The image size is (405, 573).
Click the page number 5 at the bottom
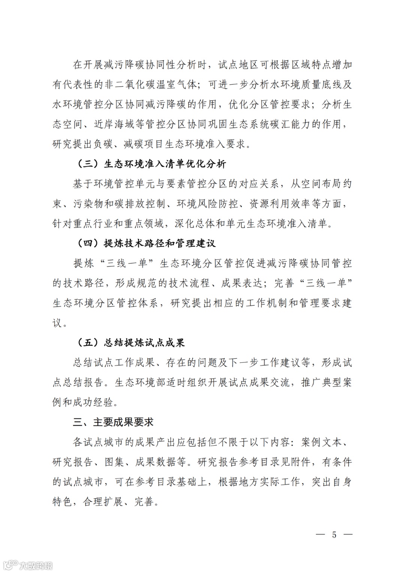(x=334, y=534)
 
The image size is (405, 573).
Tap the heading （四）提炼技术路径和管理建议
(x=146, y=243)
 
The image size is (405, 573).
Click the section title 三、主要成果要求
(x=113, y=422)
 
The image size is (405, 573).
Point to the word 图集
(x=114, y=462)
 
